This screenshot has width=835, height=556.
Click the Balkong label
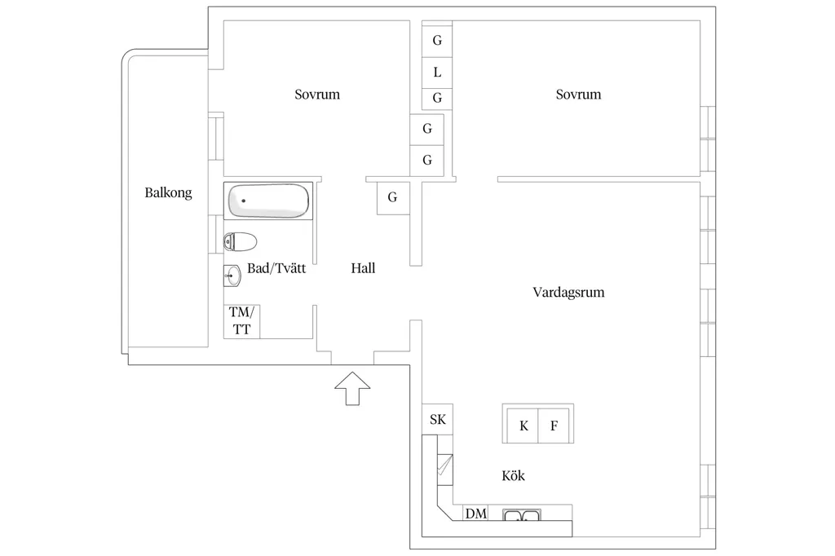pos(168,192)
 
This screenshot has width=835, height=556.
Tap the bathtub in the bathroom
pos(268,201)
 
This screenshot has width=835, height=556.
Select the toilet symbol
pos(241,242)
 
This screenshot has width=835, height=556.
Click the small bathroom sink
pos(232,276)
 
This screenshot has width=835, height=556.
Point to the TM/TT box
pos(241,321)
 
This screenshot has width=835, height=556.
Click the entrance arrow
pos(352,388)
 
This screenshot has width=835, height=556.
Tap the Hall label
pos(363,268)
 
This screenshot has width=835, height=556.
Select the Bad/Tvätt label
pos(276,268)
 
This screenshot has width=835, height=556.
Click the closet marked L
pos(437,73)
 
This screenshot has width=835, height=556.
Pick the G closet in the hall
pos(393,198)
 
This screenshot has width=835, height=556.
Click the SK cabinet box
pos(438,420)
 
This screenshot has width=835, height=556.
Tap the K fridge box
pos(523,426)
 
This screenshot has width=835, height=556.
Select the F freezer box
pos(554,426)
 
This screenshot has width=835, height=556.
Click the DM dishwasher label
pos(476,514)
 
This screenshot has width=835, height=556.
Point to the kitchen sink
pos(522,515)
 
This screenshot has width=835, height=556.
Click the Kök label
pos(514,475)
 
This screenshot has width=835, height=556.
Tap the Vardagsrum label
pos(568,293)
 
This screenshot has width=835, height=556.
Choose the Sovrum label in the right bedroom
pos(578,95)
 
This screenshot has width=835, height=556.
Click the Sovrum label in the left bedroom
pos(317,95)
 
